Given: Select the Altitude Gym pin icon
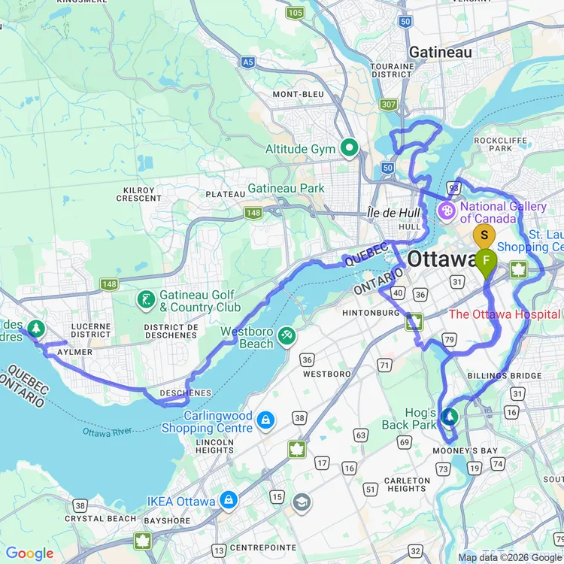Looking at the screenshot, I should click(x=348, y=148).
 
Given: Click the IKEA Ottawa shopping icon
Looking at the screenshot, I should click(x=229, y=500).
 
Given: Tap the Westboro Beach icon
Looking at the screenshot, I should click(x=285, y=336).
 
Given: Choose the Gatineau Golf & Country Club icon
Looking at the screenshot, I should click(x=146, y=300).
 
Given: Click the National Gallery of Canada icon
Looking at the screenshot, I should click(x=447, y=211).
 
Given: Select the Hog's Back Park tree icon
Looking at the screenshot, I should click(x=450, y=416).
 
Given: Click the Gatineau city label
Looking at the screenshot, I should click(x=440, y=52).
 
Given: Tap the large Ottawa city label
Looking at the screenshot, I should click(x=441, y=259).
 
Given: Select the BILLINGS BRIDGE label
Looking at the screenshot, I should click(x=504, y=375).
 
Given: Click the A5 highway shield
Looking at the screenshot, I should click(x=248, y=62).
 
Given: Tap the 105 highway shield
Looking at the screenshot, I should click(x=295, y=12).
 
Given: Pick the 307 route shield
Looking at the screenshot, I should click(x=389, y=105).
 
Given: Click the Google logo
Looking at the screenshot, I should click(x=29, y=553).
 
